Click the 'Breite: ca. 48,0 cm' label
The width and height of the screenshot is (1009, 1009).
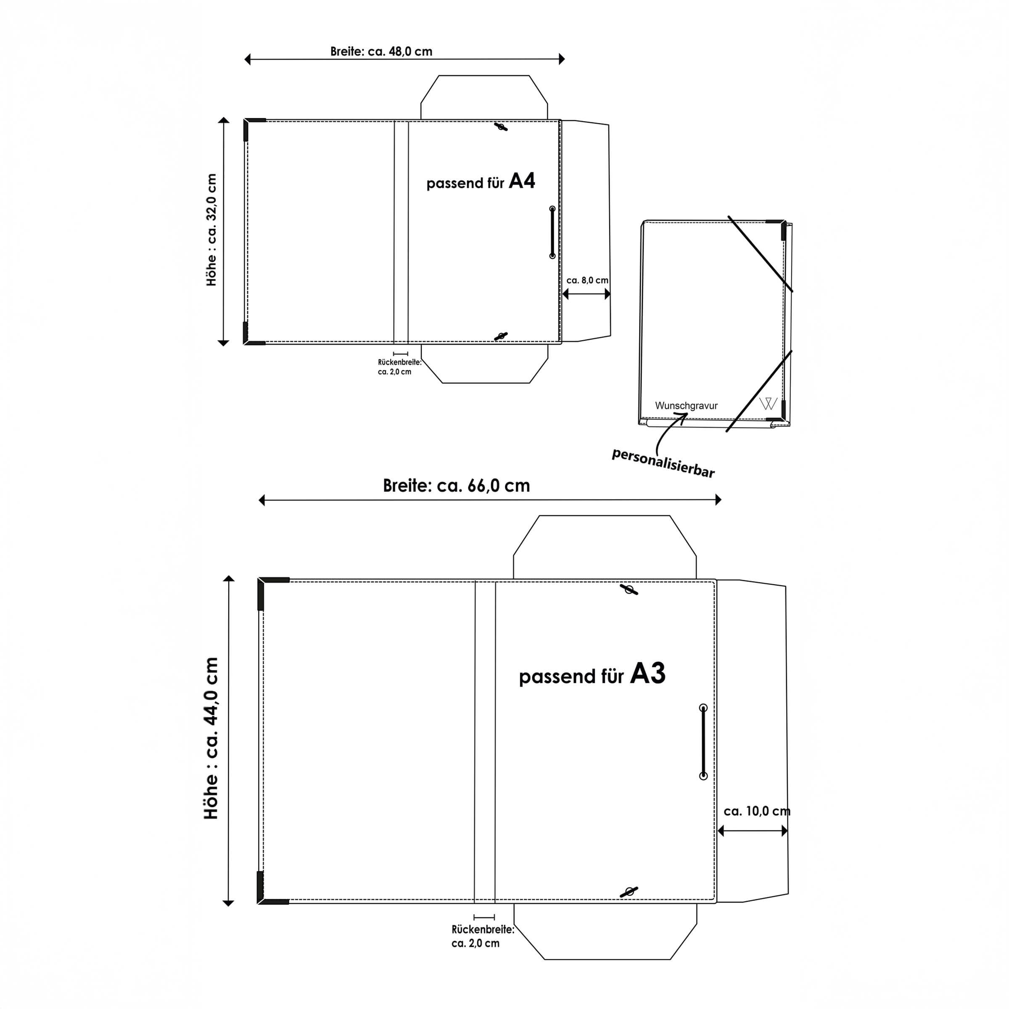381,51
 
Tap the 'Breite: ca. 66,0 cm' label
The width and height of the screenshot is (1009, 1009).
457,486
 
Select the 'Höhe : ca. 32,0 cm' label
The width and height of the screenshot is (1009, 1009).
211,230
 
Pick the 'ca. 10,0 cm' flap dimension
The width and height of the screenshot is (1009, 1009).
757,811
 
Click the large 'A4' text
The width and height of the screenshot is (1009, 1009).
522,181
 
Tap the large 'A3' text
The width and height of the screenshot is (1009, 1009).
647,673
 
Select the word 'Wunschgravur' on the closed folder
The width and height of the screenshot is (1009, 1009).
686,406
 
